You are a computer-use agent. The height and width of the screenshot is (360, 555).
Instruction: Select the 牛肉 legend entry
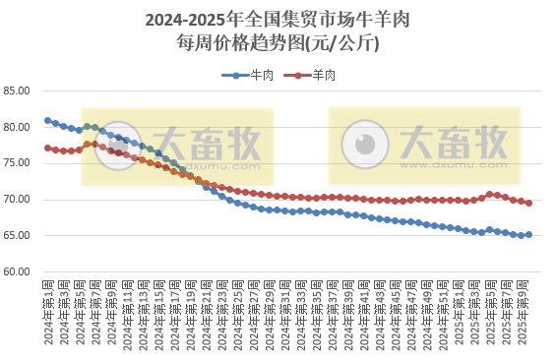pyautogui.click(x=251, y=75)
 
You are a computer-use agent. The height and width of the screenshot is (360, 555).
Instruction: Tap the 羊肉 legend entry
pyautogui.click(x=313, y=75)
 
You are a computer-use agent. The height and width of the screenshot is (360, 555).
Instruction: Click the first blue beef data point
pyautogui.click(x=47, y=121)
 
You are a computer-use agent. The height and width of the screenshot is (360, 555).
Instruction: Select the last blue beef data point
pyautogui.click(x=528, y=235)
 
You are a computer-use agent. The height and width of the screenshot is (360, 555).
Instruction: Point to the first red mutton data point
pyautogui.click(x=47, y=149)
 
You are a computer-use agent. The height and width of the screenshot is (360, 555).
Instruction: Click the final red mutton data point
pyautogui.click(x=528, y=203)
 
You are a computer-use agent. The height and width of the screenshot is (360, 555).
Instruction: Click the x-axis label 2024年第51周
pyautogui.click(x=450, y=315)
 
